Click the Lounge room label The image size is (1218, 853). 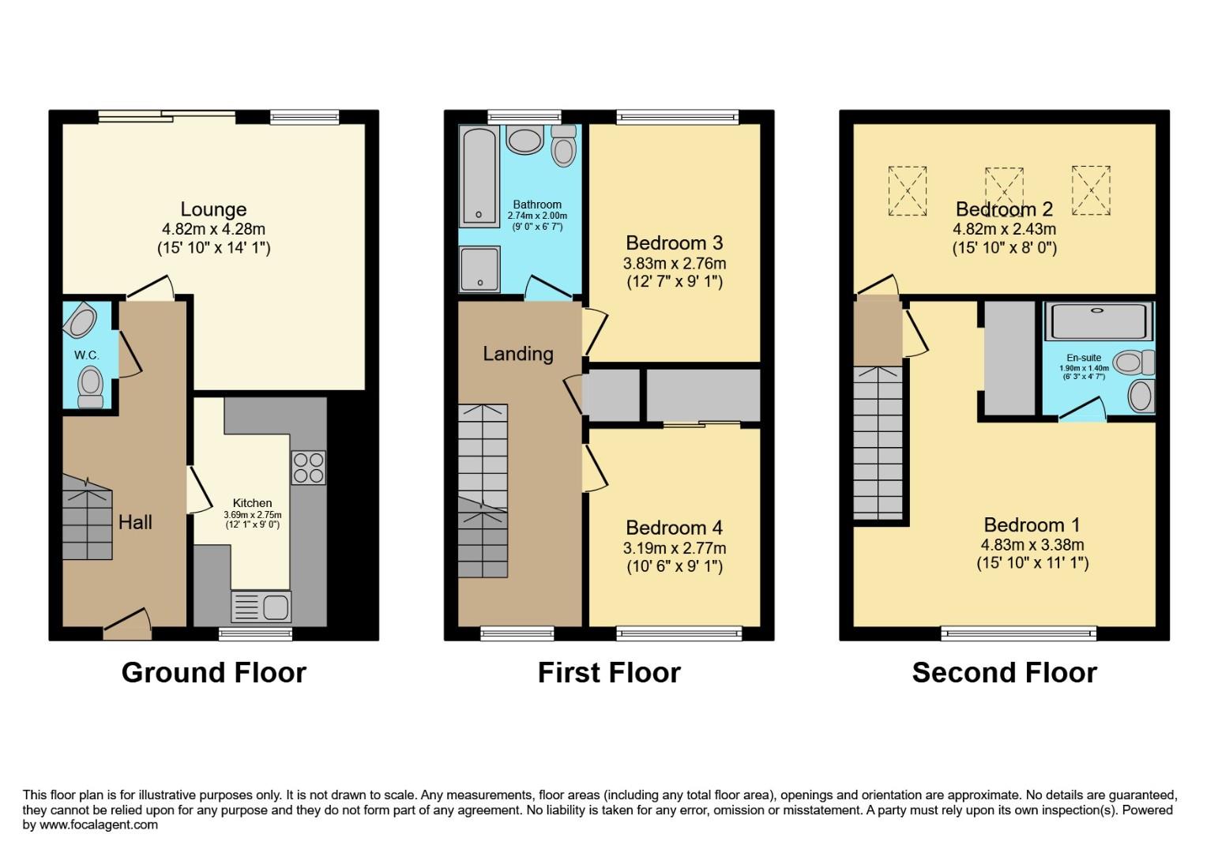(213, 209)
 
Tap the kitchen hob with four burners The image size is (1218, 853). (308, 467)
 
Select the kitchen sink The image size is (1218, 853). (261, 607)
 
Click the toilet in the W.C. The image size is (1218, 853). (91, 386)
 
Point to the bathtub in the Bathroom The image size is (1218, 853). (479, 176)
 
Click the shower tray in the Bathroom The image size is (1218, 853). (479, 269)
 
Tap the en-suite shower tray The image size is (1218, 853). (1098, 321)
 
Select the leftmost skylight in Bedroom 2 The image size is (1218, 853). (908, 190)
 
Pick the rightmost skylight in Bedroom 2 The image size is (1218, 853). (1091, 190)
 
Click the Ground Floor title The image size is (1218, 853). (213, 673)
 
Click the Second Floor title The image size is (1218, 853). (1004, 673)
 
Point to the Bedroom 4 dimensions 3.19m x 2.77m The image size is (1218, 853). (675, 548)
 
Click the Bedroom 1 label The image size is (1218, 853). (1032, 525)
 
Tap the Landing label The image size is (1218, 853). (518, 354)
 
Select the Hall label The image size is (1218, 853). (135, 522)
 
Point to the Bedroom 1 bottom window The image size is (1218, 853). (1018, 633)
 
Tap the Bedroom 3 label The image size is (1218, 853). (675, 242)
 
